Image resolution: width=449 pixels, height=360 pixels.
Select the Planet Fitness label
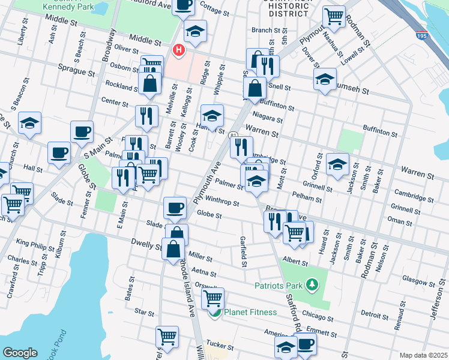(250, 312)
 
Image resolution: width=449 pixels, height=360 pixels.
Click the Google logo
(20, 353)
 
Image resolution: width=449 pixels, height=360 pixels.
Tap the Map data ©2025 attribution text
(423, 355)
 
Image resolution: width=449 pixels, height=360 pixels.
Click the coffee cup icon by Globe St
(175, 207)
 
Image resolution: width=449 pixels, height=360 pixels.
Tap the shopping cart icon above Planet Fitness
(212, 298)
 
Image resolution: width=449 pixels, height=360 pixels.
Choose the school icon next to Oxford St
(338, 163)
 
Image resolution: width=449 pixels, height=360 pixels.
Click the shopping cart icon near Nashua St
(334, 16)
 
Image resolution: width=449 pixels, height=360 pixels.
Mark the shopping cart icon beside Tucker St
(167, 337)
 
